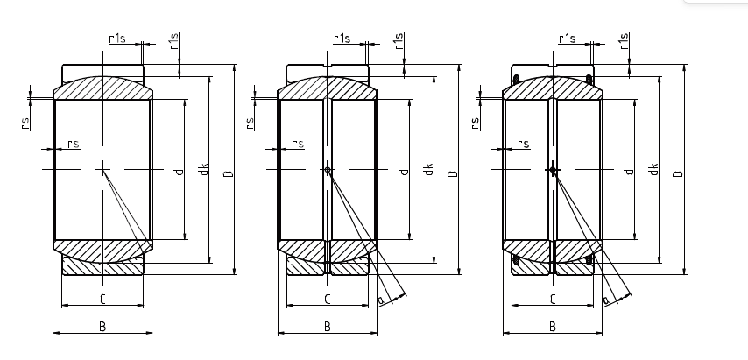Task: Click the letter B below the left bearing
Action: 102,326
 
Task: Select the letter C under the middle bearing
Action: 327,300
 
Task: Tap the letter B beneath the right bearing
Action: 553,326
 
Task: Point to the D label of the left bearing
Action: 228,173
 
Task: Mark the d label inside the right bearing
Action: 629,170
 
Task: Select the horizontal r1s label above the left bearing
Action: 116,38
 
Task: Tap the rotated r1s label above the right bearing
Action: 624,40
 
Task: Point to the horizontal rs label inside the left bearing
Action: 73,144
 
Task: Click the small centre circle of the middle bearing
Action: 328,170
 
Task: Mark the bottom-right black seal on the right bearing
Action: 589,259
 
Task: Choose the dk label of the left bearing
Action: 203,169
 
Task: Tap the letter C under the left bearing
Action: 102,300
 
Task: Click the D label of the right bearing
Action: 677,173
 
